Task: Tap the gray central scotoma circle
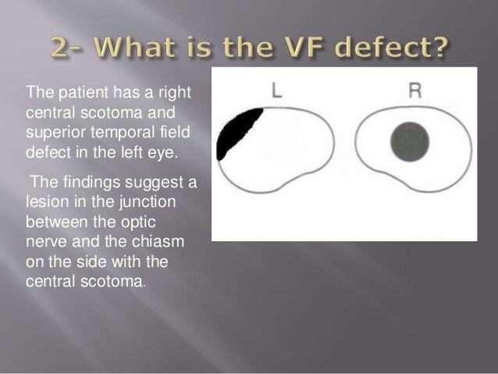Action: (410, 141)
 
